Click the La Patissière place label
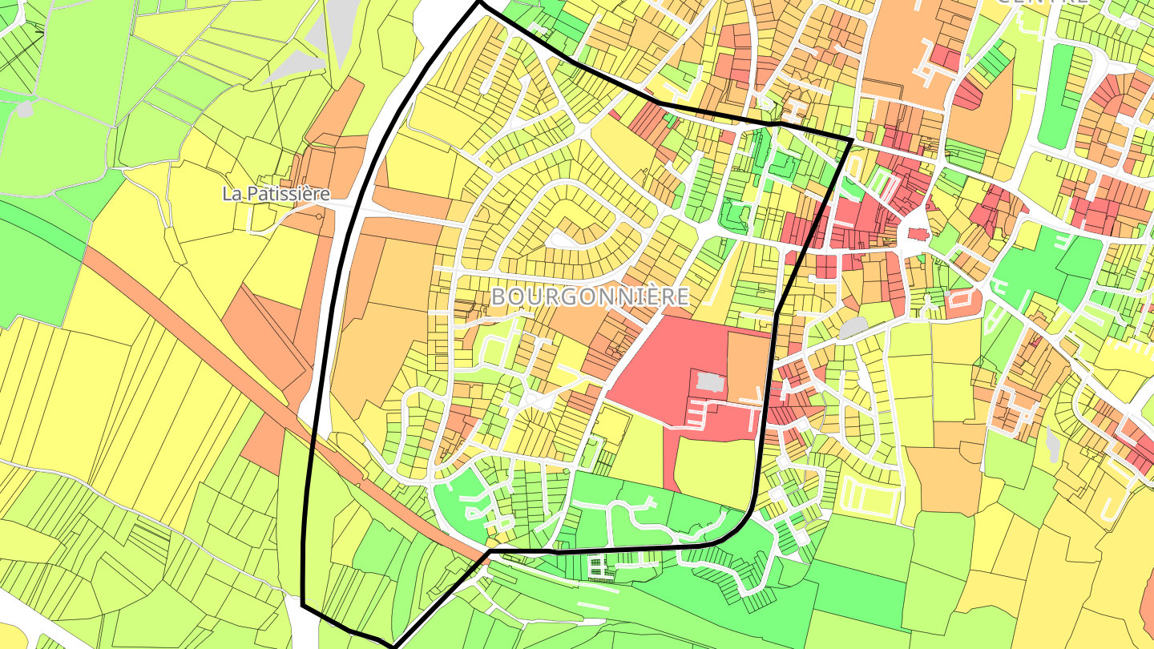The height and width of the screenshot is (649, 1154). pyautogui.click(x=276, y=193)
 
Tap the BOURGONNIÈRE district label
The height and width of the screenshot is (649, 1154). pyautogui.click(x=589, y=296)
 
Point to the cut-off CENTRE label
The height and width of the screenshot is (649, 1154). pyautogui.click(x=1042, y=2)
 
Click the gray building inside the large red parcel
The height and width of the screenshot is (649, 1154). pyautogui.click(x=708, y=382)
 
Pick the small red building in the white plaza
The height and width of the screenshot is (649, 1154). pyautogui.click(x=917, y=234)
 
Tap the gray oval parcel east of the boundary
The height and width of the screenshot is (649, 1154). pyautogui.click(x=853, y=327)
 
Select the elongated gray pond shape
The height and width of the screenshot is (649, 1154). pyautogui.click(x=1052, y=440)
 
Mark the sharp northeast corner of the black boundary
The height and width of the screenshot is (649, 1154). pyautogui.click(x=851, y=140)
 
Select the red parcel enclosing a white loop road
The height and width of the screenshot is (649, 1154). pyautogui.click(x=962, y=301)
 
